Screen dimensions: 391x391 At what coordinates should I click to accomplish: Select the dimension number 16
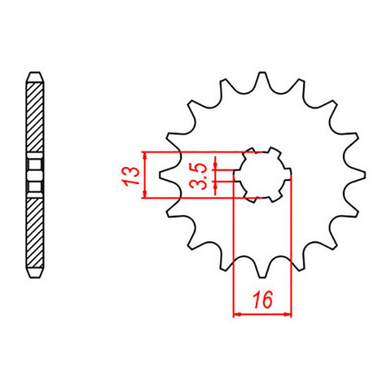pyautogui.click(x=262, y=300)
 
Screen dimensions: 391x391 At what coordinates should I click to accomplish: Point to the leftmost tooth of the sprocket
pyautogui.click(x=163, y=174)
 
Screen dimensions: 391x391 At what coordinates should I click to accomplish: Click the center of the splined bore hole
pyautogui.click(x=262, y=174)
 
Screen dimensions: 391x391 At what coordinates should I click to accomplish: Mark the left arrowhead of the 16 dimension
pyautogui.click(x=237, y=312)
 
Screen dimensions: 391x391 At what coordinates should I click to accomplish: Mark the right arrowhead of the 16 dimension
pyautogui.click(x=288, y=312)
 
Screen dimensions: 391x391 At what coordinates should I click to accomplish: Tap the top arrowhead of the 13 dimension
pyautogui.click(x=144, y=155)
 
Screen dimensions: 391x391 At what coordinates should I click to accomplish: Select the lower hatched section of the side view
pyautogui.click(x=33, y=232)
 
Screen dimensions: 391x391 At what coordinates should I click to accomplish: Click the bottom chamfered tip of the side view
pyautogui.click(x=33, y=275)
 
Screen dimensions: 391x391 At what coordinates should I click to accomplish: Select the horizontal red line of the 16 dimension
pyautogui.click(x=262, y=312)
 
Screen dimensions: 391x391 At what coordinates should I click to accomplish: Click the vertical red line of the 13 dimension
pyautogui.click(x=144, y=174)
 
